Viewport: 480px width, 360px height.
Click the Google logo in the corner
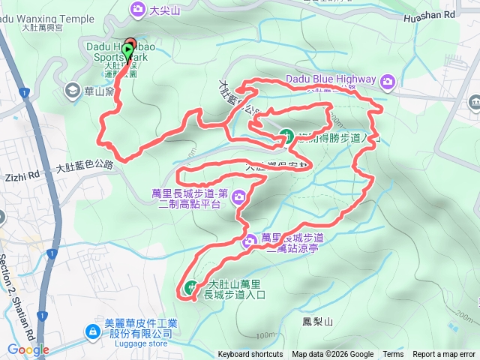[28, 349]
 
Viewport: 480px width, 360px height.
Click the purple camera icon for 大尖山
[138, 9]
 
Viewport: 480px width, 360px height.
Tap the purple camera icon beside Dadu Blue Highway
[387, 80]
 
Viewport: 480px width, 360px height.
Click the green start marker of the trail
[127, 51]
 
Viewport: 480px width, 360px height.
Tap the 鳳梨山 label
[316, 320]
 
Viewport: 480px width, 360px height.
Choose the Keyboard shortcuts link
[250, 355]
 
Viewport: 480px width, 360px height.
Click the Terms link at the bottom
[393, 355]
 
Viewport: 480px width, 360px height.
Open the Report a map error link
[444, 355]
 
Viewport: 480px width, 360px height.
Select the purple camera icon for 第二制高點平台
[238, 198]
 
